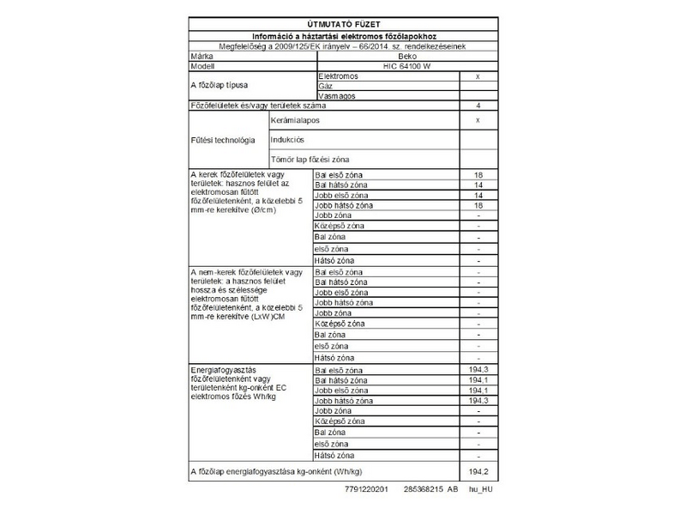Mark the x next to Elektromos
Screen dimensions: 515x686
coord(477,76)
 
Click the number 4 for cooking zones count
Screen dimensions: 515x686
coord(477,106)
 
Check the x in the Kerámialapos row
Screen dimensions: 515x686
coord(477,121)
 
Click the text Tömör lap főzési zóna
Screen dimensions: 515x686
coord(310,160)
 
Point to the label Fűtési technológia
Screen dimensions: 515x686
coord(222,140)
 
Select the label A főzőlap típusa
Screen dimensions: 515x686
coord(218,87)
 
